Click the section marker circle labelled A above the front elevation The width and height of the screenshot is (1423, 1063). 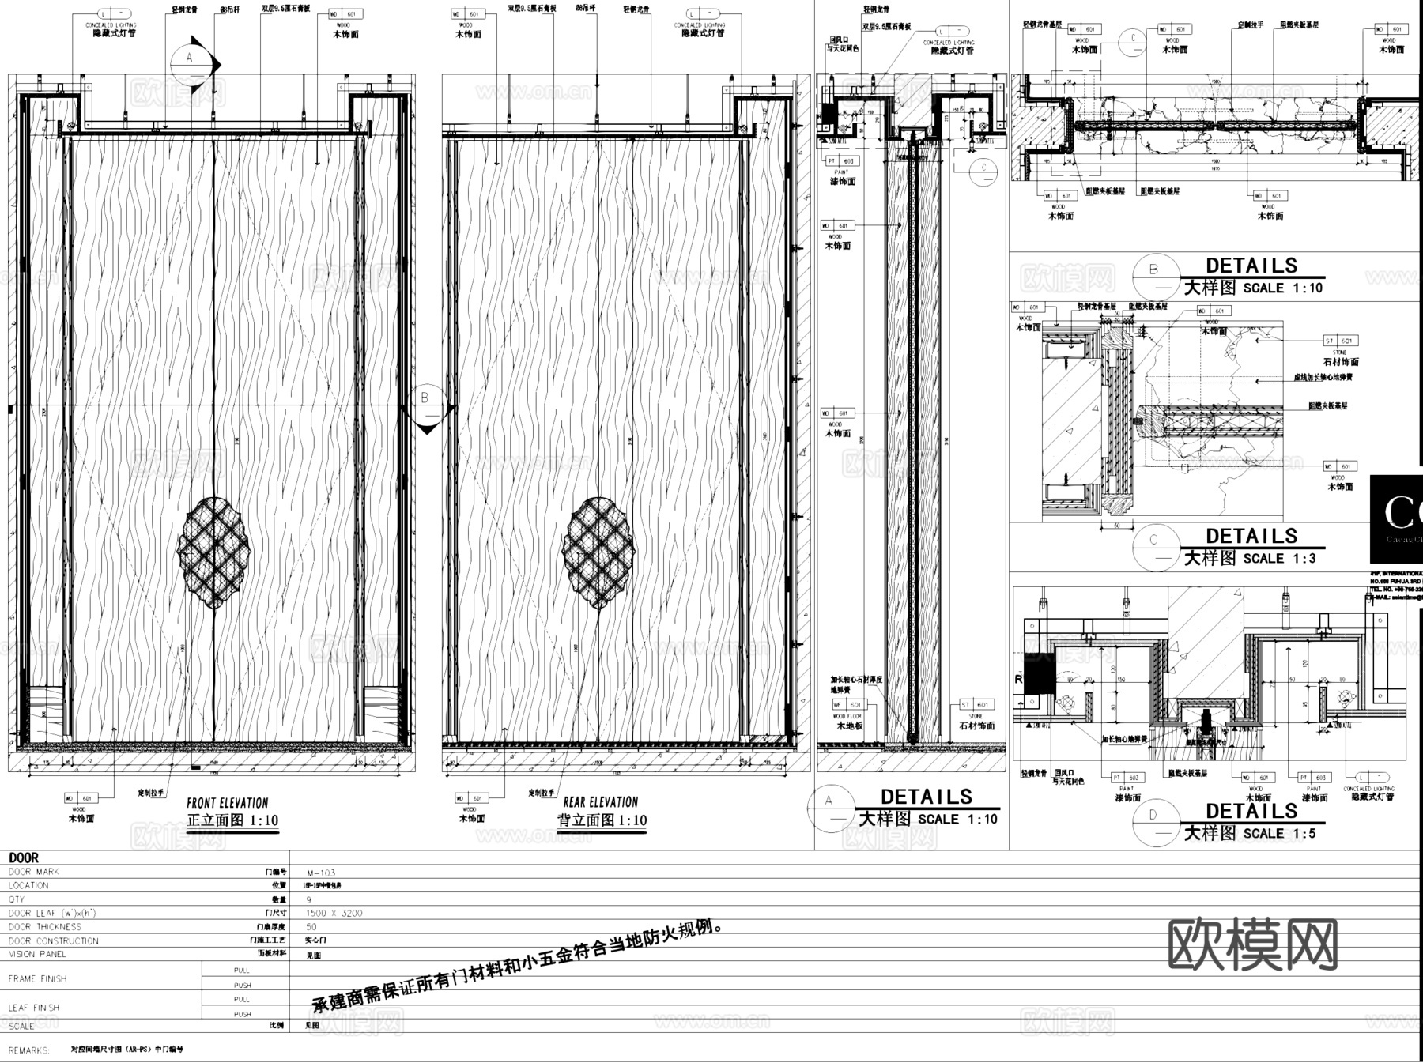coord(190,58)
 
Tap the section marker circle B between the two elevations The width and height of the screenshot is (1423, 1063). coord(425,398)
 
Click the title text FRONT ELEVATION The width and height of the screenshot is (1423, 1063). coord(228,803)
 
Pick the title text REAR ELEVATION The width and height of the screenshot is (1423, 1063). coord(601,802)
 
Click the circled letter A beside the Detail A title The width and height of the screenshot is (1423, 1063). coord(829,801)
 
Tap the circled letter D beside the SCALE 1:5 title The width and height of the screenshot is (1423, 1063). coord(1153,816)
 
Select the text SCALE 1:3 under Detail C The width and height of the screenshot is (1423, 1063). coord(1280,559)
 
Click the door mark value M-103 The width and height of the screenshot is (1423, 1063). coord(321,873)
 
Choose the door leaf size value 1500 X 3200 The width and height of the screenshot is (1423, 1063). coord(334,913)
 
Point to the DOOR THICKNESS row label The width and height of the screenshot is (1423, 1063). coord(45,927)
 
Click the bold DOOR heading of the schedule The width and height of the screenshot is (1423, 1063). coord(24,858)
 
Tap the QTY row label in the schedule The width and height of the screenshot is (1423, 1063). coord(17,899)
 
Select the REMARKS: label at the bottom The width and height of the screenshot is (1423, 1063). coord(29,1051)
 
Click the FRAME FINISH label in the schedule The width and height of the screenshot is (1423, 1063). coord(38,978)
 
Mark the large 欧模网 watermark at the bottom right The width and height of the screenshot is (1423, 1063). coord(1253,944)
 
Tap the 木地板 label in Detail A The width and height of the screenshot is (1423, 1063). coord(850,726)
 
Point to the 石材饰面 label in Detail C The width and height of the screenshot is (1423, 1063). coord(1341,362)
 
